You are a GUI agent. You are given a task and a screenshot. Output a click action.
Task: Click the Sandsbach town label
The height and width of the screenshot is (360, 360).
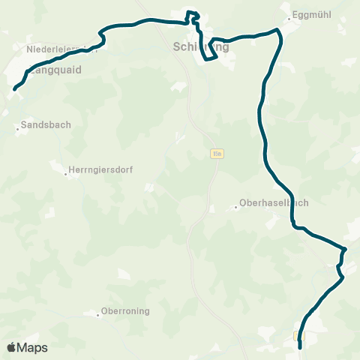pos(46,125)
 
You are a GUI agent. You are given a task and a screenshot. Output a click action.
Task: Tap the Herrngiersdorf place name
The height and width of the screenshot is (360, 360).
pos(100,170)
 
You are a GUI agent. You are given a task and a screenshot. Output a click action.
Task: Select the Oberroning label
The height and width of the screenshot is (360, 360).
pos(126,311)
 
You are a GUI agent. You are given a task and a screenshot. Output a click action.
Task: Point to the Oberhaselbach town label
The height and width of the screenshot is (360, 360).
pos(274,202)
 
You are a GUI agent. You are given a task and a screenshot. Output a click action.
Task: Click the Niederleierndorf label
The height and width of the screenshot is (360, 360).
pos(60,49)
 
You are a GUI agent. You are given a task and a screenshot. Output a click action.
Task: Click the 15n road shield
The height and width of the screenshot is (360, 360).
pos(217,154)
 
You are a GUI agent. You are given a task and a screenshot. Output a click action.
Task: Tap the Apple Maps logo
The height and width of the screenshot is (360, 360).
pos(27,347)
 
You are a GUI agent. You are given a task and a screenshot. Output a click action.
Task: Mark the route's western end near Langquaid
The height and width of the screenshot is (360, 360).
pos(14,90)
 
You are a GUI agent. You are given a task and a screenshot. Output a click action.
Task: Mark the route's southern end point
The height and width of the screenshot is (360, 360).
pos(300,347)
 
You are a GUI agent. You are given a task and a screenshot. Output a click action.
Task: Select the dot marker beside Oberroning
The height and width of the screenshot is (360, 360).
pos(97,315)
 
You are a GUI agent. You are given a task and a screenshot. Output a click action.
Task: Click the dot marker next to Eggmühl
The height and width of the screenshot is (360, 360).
pos(289,17)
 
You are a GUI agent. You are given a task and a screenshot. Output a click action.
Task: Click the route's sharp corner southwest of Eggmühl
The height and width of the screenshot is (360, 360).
pos(278,30)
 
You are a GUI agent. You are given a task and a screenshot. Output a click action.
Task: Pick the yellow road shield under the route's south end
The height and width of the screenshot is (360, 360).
pos(299,336)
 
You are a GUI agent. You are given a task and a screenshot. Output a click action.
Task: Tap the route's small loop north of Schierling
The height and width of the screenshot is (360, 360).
pos(193,15)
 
